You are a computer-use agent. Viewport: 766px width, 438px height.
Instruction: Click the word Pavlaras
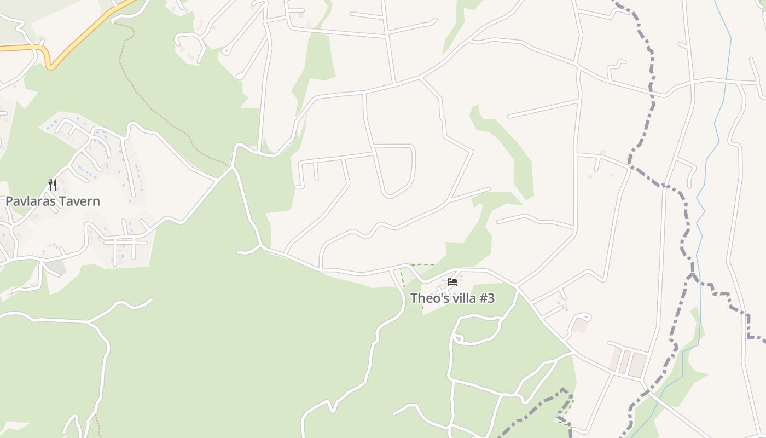30,201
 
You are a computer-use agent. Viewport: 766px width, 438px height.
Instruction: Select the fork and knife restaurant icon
53,185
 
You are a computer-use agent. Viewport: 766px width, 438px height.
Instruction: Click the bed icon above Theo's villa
452,282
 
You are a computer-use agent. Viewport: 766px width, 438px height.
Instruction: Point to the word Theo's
426,298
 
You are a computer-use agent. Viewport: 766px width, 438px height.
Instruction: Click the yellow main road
88,30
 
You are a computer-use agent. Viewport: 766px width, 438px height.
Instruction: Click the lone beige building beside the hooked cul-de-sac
580,325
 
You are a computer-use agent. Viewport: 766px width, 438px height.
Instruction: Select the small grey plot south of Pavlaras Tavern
55,267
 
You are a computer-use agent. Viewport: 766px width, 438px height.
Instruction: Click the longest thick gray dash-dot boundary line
651,109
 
